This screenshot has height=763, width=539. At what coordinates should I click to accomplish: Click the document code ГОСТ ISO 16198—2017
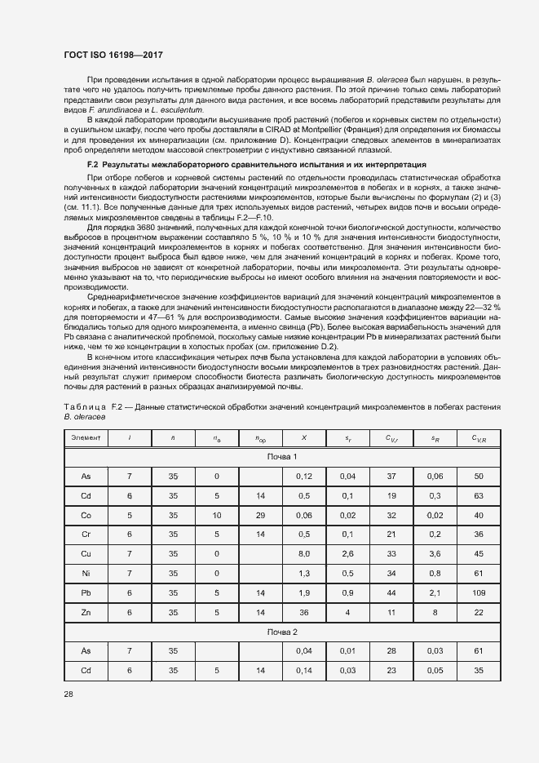(x=113, y=55)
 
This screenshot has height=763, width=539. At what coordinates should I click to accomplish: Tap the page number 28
(x=68, y=693)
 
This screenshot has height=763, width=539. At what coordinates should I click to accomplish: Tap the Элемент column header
(x=86, y=439)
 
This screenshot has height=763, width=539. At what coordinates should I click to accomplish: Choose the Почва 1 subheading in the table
(x=282, y=456)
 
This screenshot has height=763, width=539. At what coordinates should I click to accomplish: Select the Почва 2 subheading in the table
(x=282, y=632)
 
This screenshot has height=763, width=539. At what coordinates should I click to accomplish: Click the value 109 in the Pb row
(x=479, y=593)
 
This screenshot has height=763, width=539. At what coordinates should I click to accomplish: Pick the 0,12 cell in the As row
(x=304, y=476)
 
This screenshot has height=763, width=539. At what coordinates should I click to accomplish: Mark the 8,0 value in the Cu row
(x=304, y=554)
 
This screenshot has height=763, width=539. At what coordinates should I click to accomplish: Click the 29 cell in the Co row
(x=260, y=515)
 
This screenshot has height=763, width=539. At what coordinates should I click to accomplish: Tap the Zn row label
(x=86, y=613)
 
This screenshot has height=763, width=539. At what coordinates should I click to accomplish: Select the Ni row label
(x=86, y=574)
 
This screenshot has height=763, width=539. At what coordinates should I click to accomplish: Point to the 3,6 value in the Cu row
(x=435, y=554)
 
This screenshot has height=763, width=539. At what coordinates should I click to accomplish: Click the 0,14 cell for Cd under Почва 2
(x=304, y=670)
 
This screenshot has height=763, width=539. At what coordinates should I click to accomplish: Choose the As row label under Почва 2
(x=86, y=650)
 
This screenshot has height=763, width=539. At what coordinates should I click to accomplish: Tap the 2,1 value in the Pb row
(x=435, y=593)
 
